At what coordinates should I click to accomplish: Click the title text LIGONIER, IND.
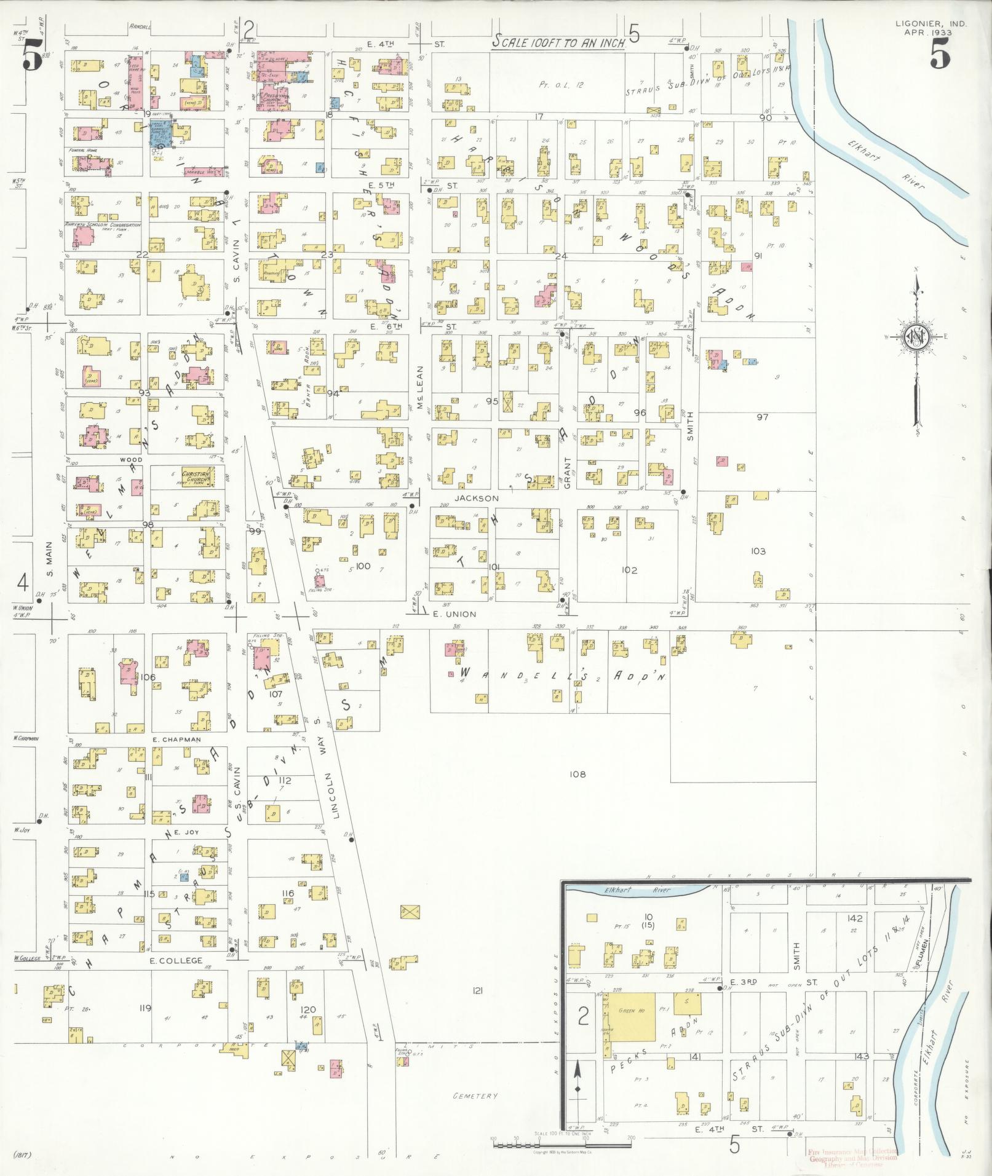tap(930, 23)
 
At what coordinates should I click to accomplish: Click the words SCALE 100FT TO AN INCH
tap(561, 41)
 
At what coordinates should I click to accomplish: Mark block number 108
tap(577, 774)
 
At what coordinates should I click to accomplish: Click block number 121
tap(477, 1006)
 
